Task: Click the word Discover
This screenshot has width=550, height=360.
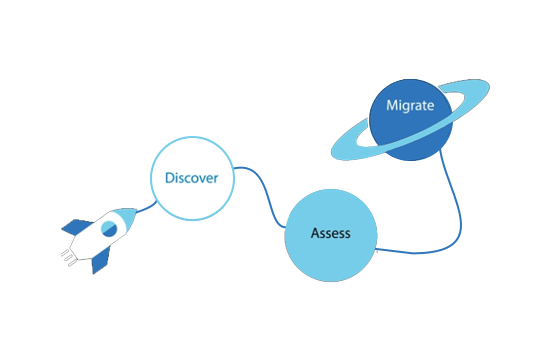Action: tap(192, 178)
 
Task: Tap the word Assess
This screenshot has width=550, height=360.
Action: tap(330, 233)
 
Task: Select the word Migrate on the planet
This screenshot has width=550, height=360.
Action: tap(410, 106)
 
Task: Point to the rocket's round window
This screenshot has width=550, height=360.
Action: tap(109, 229)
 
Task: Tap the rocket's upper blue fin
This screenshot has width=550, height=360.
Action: tap(76, 227)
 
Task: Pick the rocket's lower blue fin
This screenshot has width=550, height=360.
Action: tap(101, 260)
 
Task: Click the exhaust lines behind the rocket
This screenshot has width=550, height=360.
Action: tap(68, 258)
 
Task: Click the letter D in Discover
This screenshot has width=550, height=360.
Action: tap(170, 178)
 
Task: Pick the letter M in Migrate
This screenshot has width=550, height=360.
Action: tap(393, 106)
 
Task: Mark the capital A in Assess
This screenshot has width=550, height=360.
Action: tap(316, 233)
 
